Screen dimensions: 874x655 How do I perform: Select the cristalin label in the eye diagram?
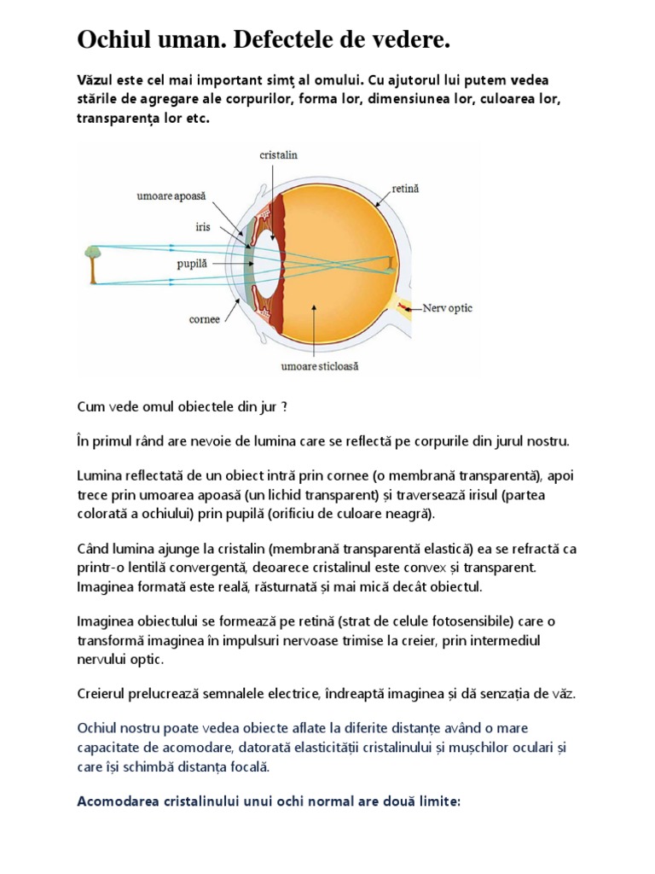pos(278,154)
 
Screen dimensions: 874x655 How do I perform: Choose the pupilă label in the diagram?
pos(193,265)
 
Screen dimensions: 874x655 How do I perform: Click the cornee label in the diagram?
pos(205,320)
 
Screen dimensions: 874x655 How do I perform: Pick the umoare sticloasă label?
pos(321,367)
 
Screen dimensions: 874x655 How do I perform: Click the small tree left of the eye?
pos(90,263)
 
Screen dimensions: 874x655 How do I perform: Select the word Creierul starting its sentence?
pos(103,694)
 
